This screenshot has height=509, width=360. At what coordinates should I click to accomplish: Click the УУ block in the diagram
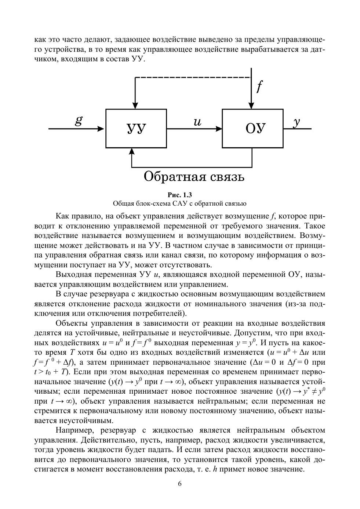[136, 129]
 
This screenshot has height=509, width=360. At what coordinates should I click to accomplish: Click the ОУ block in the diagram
[252, 129]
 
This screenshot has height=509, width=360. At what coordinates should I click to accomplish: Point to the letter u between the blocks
[197, 122]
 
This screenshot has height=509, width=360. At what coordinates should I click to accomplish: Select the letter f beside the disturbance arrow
[259, 87]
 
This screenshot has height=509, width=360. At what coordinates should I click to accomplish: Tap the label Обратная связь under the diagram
[193, 177]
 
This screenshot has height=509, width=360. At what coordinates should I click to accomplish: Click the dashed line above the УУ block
[193, 77]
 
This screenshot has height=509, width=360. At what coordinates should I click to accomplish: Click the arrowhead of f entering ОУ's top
[251, 106]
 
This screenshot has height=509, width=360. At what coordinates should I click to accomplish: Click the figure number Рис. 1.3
[180, 195]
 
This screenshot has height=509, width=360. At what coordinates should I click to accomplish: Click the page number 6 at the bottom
[180, 484]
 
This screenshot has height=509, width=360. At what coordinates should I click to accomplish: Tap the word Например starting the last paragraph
[74, 430]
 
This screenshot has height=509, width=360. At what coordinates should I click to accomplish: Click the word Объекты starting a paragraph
[72, 324]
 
